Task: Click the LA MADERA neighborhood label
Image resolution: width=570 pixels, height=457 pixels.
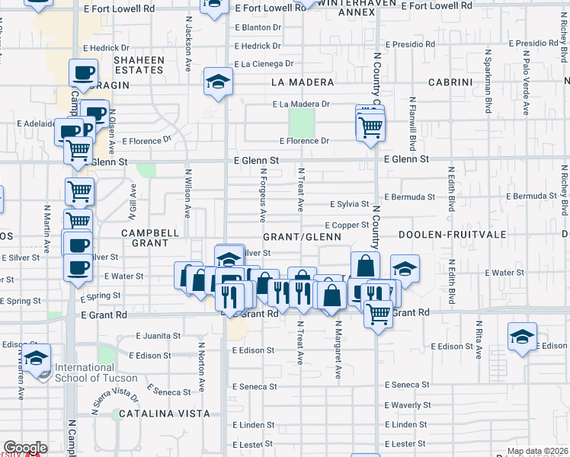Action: coord(303,82)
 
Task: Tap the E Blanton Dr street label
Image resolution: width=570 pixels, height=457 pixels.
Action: coord(258,27)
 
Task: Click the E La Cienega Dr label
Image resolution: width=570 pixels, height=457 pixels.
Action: coord(264,64)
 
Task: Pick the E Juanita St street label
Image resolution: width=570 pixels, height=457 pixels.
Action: coord(159,335)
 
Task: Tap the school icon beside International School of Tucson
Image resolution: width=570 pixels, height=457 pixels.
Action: coord(36,358)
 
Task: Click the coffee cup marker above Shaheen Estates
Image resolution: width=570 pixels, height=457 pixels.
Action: coord(83,74)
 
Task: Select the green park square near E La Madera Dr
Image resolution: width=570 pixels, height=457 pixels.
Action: coord(303,122)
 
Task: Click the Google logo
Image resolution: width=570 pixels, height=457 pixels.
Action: coord(25,448)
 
